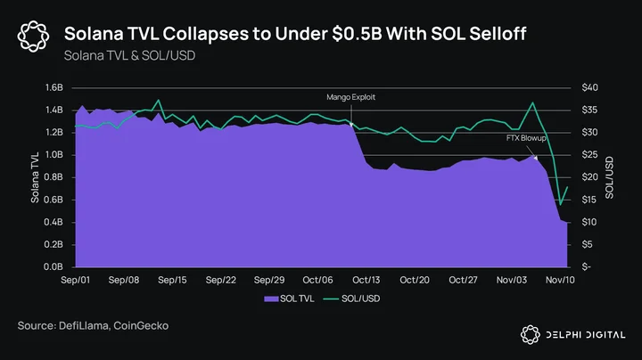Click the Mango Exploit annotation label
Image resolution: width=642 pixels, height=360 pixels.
[x=351, y=97]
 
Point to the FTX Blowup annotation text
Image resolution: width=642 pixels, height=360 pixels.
[x=526, y=138]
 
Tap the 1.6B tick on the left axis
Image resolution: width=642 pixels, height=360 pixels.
[x=53, y=87]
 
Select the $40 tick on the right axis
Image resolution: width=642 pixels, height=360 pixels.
[x=589, y=87]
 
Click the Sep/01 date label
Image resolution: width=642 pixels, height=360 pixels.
[x=75, y=280]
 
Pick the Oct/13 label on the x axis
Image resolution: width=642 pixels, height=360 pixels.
[x=366, y=280]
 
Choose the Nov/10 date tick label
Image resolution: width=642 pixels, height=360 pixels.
[x=560, y=280]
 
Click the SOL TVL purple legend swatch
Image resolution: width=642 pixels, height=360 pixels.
[x=271, y=299]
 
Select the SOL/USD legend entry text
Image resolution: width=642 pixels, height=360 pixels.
[x=361, y=299]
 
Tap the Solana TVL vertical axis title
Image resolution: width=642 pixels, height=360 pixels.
[x=35, y=177]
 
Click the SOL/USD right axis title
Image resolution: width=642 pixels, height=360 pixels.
[x=609, y=177]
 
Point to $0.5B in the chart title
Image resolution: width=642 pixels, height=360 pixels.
[x=357, y=34]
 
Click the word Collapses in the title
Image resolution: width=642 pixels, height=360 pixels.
[x=206, y=35]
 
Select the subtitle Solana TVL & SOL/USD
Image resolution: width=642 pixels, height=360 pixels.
[x=129, y=55]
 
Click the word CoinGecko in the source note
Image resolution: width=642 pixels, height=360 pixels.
[x=141, y=326]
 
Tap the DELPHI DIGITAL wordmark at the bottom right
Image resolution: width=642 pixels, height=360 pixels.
[x=586, y=335]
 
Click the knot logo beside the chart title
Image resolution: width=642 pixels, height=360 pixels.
[x=33, y=37]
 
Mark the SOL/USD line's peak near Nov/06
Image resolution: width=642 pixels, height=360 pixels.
[x=532, y=102]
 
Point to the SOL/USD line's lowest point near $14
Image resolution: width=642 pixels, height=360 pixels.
[x=561, y=204]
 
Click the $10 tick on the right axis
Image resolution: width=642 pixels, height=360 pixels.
[x=589, y=222]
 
